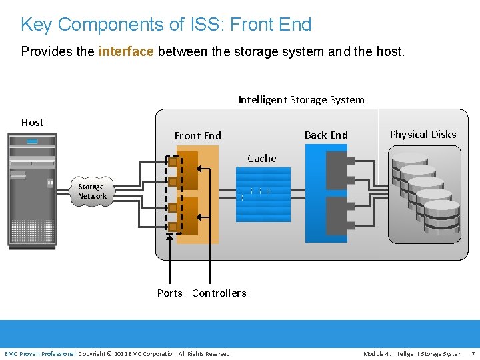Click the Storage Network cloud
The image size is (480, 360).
click(91, 192)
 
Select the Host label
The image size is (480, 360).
click(32, 122)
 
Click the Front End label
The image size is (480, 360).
click(197, 135)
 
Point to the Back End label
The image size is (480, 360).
click(326, 135)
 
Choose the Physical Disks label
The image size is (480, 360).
click(423, 134)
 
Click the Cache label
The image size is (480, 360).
click(261, 158)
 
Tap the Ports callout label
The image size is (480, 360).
click(169, 293)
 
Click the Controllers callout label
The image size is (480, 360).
click(219, 293)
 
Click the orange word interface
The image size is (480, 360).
click(126, 51)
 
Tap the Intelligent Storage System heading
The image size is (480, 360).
click(301, 99)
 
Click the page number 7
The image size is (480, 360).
click(473, 353)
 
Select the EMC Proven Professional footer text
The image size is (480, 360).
click(40, 353)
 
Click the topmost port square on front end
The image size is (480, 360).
click(173, 162)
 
